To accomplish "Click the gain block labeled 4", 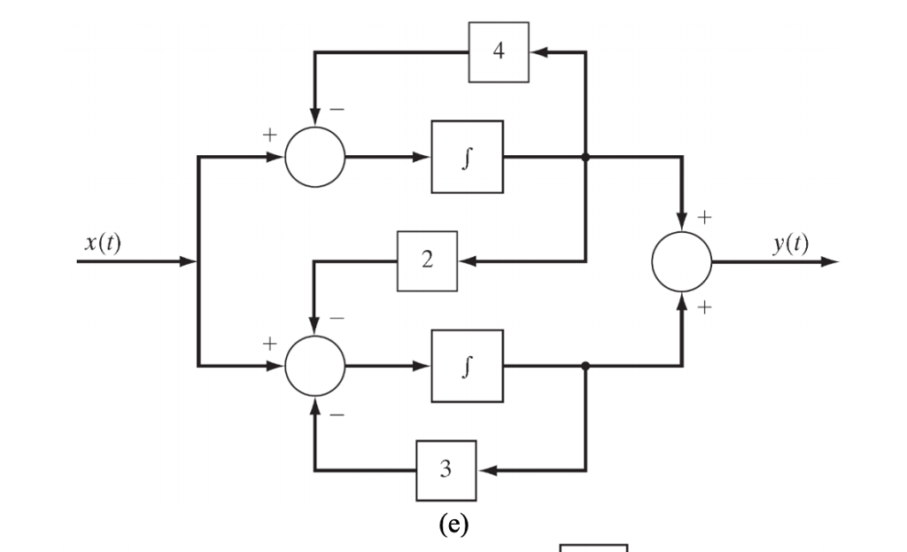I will click(x=499, y=52).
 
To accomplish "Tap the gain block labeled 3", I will click(x=446, y=470).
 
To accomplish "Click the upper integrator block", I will click(x=467, y=157).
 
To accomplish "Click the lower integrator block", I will click(x=467, y=365).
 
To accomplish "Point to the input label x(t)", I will click(x=103, y=245).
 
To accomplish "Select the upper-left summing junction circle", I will click(x=314, y=157).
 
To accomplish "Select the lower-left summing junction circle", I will click(x=314, y=365).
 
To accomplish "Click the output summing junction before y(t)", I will click(x=681, y=262).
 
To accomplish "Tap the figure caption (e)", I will click(x=454, y=524).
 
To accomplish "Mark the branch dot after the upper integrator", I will click(x=585, y=157).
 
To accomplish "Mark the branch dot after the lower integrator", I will click(x=585, y=365).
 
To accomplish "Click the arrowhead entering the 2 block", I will click(x=468, y=261).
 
